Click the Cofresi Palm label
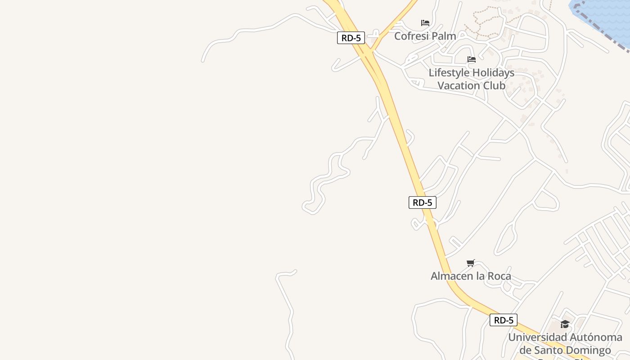click(x=425, y=36)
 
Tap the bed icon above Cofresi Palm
click(x=425, y=22)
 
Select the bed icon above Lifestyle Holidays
click(x=471, y=59)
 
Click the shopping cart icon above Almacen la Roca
click(x=471, y=263)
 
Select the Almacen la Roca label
click(x=471, y=276)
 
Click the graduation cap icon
click(x=565, y=324)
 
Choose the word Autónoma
click(x=594, y=337)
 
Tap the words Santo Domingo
click(x=572, y=350)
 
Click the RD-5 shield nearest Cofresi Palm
click(x=351, y=38)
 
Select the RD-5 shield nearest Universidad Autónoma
click(x=504, y=320)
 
